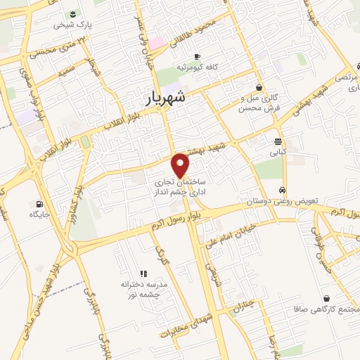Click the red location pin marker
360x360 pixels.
click(x=181, y=164)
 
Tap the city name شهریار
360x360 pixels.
click(x=166, y=98)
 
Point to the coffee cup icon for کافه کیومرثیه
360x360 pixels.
click(x=197, y=56)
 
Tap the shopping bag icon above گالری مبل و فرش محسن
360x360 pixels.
click(x=260, y=87)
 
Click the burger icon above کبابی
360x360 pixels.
click(x=279, y=140)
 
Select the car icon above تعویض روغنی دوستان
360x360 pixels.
click(x=281, y=190)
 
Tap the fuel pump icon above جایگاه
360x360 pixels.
click(x=33, y=205)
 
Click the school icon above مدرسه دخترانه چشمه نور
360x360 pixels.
click(x=143, y=273)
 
